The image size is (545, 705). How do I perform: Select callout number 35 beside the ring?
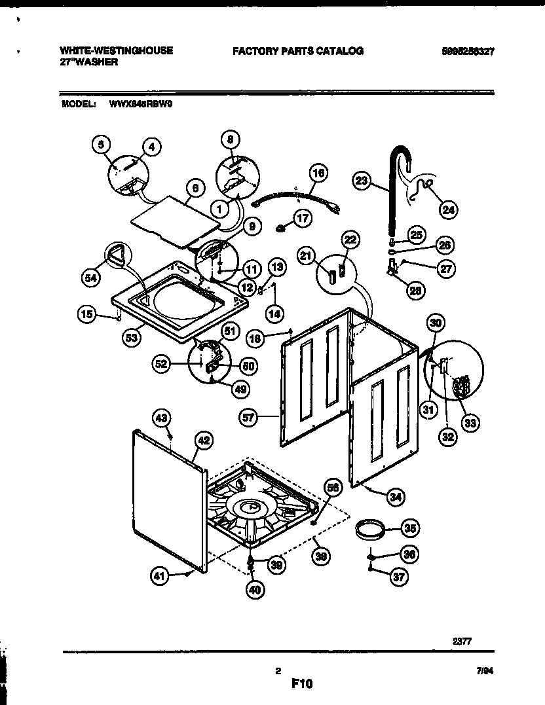[411, 527]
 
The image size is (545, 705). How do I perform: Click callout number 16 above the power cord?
[318, 173]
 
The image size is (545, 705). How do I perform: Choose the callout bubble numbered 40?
[254, 589]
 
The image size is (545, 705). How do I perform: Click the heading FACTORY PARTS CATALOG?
[297, 50]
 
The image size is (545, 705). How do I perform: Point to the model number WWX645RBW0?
[137, 103]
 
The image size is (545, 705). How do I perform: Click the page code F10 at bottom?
[302, 684]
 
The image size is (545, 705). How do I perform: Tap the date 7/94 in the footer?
[485, 671]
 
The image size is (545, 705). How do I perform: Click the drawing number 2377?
[461, 642]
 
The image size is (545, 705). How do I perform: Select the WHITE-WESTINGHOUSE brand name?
[117, 50]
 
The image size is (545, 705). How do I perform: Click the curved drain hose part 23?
[393, 190]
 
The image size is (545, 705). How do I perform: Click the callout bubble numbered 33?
[469, 423]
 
